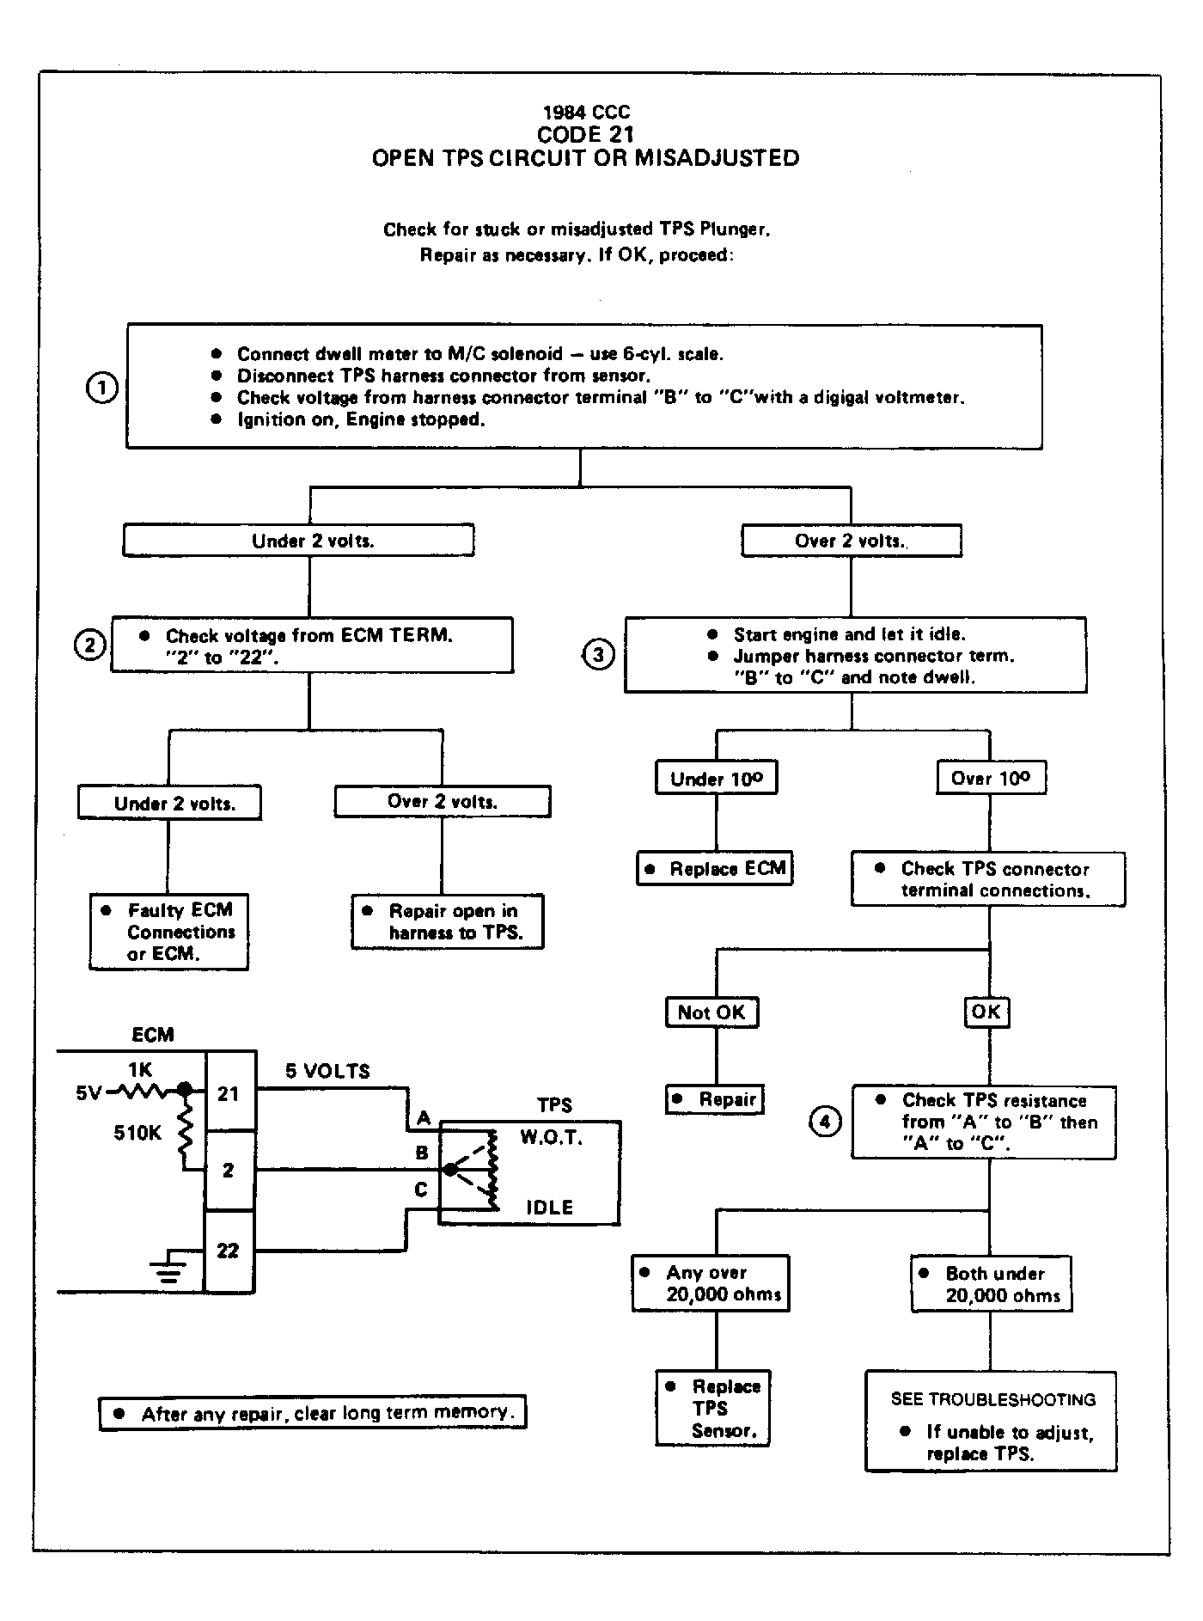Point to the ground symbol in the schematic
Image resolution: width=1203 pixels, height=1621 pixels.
coord(169,1269)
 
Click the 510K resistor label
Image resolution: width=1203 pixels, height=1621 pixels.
coord(137,1133)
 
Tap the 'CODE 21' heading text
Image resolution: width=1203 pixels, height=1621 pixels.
coord(585,135)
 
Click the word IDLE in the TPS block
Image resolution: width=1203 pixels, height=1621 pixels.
coord(550,1208)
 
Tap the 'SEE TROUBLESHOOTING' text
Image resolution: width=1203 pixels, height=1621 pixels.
coord(993,1399)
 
